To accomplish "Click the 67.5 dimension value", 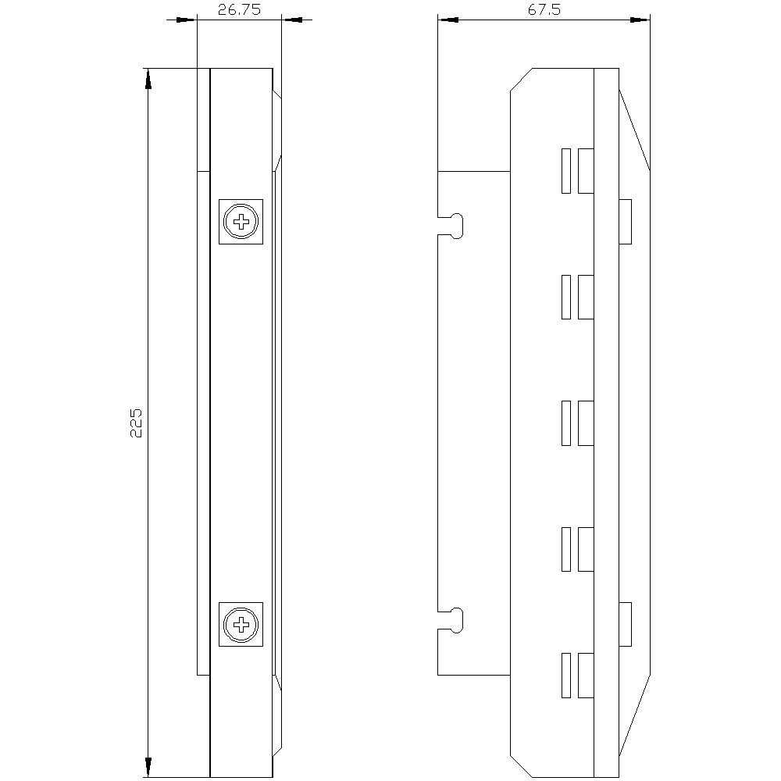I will tap(544, 9).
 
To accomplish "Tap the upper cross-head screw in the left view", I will tap(241, 222).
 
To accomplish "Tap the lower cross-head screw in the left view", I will tap(241, 624).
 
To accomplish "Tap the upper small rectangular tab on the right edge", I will tap(625, 222).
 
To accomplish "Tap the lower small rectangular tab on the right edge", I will tap(625, 625).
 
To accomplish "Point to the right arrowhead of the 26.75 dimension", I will tap(290, 20).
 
